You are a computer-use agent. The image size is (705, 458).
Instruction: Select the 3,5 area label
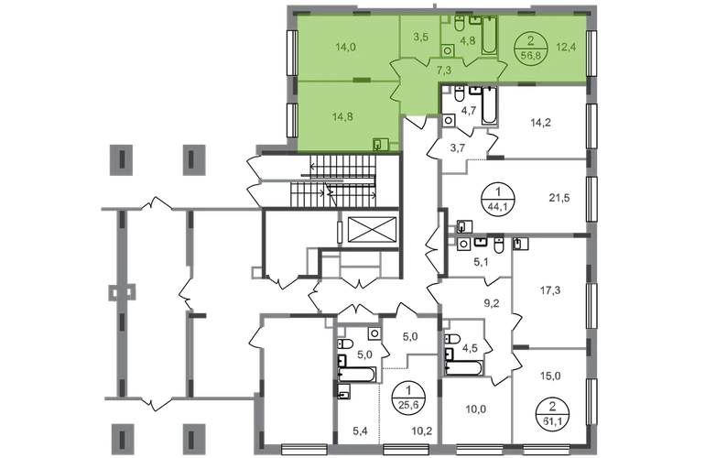click(421, 38)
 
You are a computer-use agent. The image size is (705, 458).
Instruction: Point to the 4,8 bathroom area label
click(467, 40)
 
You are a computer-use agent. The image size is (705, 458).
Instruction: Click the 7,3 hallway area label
click(442, 70)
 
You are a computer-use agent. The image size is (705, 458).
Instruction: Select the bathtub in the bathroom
click(489, 36)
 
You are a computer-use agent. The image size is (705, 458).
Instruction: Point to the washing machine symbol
click(449, 51)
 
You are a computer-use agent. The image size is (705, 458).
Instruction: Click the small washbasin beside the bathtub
click(475, 20)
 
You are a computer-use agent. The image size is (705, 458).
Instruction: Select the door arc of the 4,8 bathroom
click(468, 60)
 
